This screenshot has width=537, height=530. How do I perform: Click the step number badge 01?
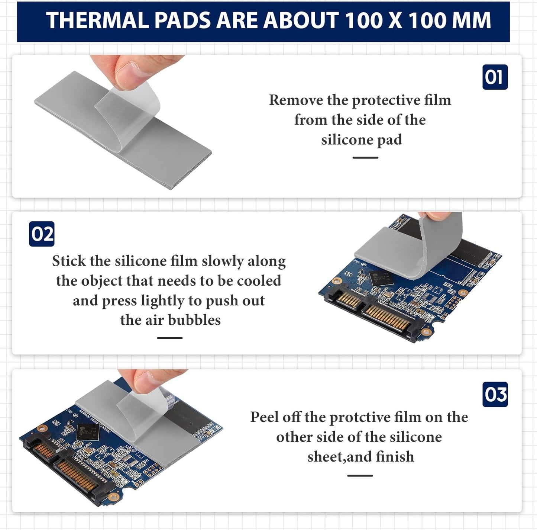coord(495,77)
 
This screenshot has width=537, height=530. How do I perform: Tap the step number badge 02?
coord(42,234)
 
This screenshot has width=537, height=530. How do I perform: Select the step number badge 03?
coord(495,394)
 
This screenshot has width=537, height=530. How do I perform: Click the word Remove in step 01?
coord(296,100)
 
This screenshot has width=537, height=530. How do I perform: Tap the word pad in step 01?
coord(390,140)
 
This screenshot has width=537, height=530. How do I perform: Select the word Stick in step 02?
coord(69,261)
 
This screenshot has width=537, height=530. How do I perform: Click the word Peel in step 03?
coord(265,417)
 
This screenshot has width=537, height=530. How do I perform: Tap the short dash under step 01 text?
coord(365,158)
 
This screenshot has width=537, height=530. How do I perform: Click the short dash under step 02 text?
coord(169,338)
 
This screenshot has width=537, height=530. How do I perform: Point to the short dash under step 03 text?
coord(360,476)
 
